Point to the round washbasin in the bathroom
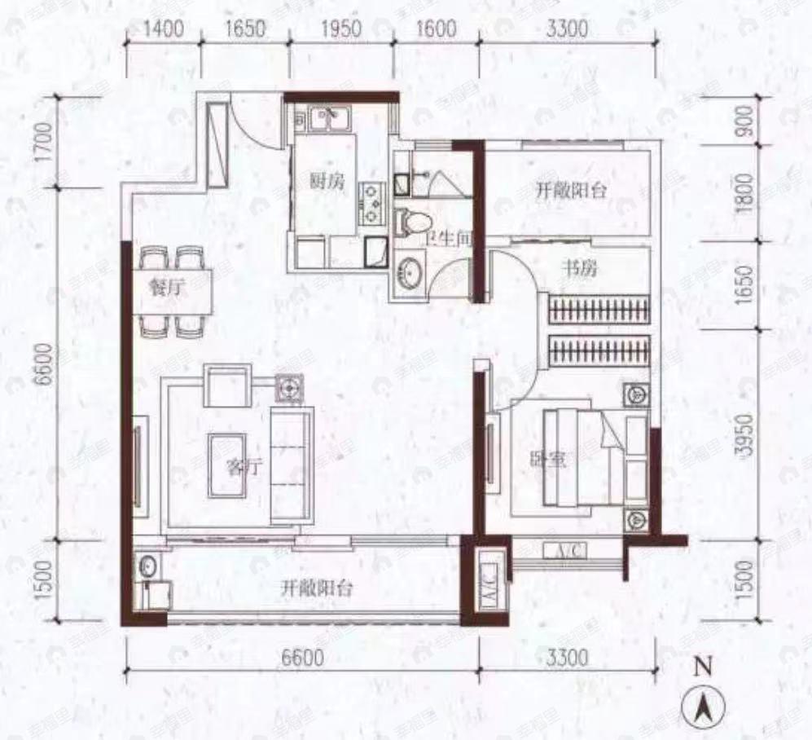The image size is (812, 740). tap(408, 271)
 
